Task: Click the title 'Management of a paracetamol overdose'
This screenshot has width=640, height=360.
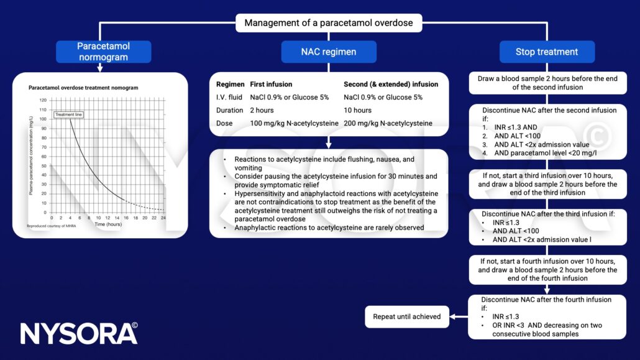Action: point(329,24)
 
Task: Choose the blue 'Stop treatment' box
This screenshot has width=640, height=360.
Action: point(546,52)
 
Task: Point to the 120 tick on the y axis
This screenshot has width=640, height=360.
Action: point(43,100)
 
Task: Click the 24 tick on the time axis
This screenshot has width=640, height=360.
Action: point(163,218)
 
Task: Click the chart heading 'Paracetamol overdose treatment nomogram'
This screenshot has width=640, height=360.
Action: point(83,88)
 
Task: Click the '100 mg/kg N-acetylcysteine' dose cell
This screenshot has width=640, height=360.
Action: point(294,123)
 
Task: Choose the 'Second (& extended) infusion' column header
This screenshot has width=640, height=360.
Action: point(391,84)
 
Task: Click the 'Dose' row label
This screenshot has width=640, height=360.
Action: point(225,123)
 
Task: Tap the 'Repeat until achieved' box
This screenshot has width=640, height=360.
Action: point(406,316)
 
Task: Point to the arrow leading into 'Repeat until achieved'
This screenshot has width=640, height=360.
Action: point(458,316)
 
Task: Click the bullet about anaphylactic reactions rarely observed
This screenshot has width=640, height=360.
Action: point(326,227)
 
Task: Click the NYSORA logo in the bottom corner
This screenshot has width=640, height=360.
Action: point(78,333)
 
